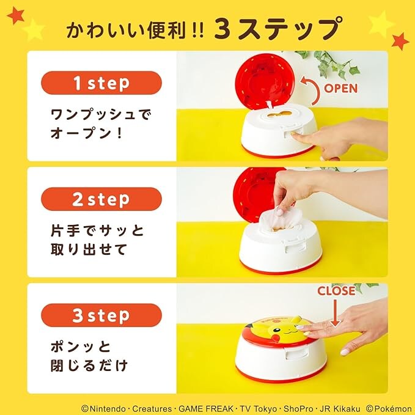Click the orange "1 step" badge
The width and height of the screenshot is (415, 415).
(101, 83)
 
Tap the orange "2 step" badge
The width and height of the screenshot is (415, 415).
(101, 199)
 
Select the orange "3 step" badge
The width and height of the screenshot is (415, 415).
(101, 315)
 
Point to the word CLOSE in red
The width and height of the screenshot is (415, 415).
(336, 292)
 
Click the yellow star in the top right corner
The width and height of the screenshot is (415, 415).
(381, 24)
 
